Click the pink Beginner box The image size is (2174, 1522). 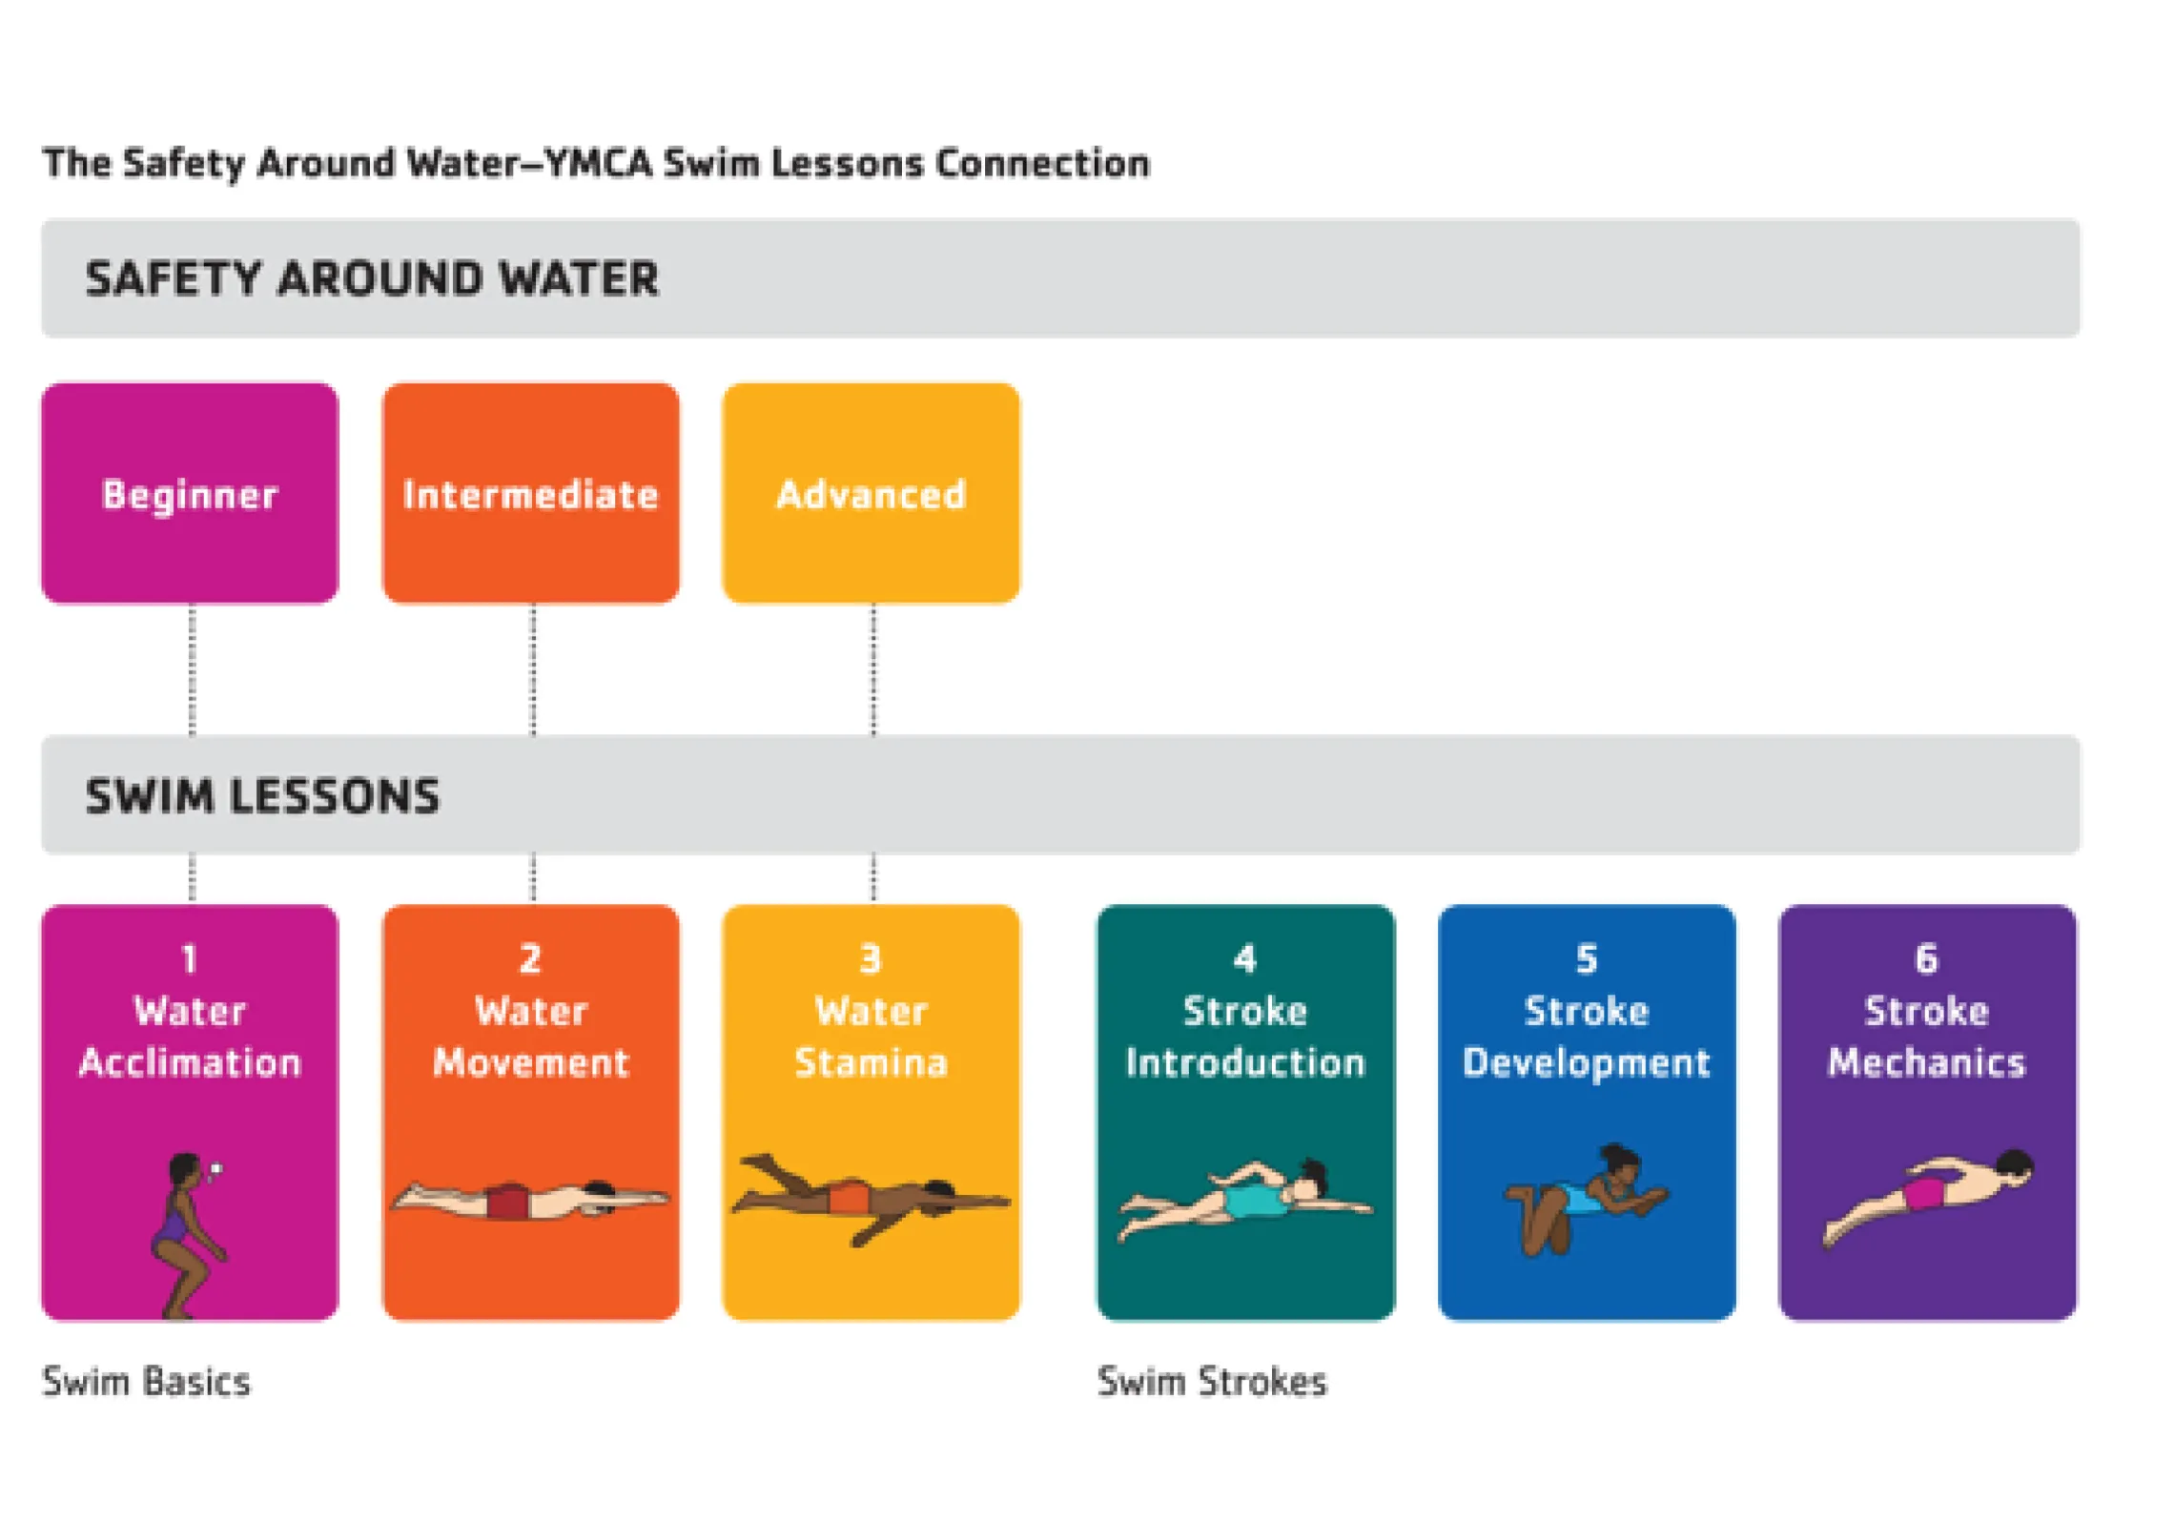coord(190,493)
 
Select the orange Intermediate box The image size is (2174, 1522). coord(530,493)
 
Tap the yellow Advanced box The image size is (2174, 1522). coord(871,493)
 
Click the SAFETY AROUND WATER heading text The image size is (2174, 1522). coord(372,278)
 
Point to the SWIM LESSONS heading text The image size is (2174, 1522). coord(263,795)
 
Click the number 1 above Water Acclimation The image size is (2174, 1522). coord(190,958)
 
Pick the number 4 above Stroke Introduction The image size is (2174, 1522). coord(1245,958)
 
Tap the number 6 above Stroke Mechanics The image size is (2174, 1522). coord(1926,958)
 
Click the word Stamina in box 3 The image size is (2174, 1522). coord(871,1062)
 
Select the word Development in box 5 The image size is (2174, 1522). coord(1587,1062)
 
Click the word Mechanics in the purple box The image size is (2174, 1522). coord(1926,1062)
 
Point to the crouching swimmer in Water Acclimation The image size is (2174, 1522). coord(187,1235)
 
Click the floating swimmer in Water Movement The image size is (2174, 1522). coord(530,1200)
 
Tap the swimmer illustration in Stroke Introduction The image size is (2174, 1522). coord(1245,1200)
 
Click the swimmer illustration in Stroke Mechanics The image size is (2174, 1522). coord(1928,1196)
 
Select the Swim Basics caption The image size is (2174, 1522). coord(147,1382)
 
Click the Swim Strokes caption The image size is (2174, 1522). coord(1212,1382)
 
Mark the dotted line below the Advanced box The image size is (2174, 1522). coord(873,669)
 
